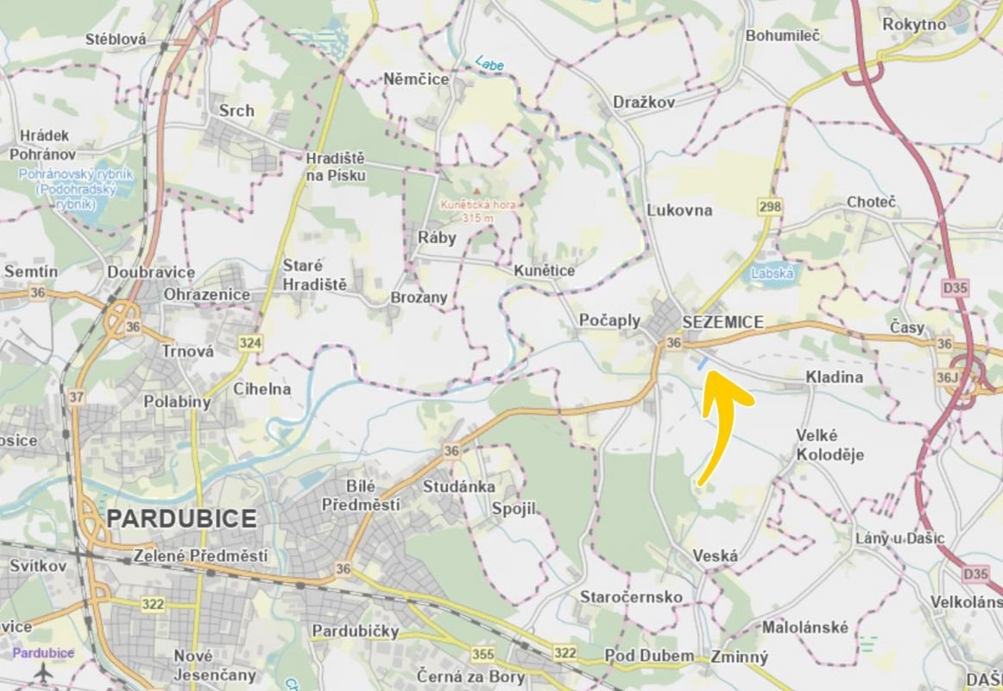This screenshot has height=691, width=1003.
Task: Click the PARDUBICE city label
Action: click(181, 519)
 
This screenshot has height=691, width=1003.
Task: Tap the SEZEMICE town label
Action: click(722, 322)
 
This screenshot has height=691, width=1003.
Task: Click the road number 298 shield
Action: click(770, 206)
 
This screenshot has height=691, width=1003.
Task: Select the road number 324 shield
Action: click(249, 343)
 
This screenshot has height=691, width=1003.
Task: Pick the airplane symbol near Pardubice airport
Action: click(43, 673)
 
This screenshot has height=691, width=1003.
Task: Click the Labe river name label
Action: click(489, 63)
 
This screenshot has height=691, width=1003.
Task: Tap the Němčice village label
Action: click(416, 79)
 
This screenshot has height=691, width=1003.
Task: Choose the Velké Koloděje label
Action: click(830, 445)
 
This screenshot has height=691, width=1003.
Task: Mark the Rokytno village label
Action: click(914, 25)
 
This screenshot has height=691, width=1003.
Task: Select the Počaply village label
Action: click(609, 320)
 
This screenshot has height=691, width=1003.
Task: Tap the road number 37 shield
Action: click(77, 396)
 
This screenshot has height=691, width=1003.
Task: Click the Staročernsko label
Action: click(631, 598)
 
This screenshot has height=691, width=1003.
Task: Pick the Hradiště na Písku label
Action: click(337, 168)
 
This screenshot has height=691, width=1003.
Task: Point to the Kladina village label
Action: click(834, 377)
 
